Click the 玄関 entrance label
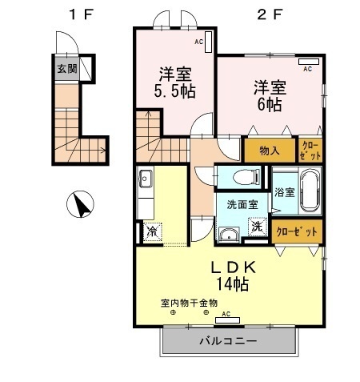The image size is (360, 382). click(x=67, y=69)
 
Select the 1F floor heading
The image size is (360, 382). click(x=82, y=14)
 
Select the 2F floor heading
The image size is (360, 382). click(x=270, y=14)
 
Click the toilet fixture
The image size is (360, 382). click(x=246, y=176)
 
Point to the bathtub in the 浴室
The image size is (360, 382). click(x=310, y=191)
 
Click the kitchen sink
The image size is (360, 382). click(x=145, y=178)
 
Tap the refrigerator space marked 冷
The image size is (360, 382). click(x=153, y=231)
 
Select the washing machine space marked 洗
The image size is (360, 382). click(x=258, y=227)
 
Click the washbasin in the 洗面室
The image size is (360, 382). click(x=229, y=235)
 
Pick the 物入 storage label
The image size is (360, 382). click(x=270, y=151)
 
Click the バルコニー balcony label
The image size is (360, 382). click(x=228, y=341)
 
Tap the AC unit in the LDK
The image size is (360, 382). click(x=227, y=320)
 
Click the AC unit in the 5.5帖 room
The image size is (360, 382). click(x=208, y=42)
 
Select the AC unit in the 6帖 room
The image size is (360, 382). click(x=309, y=62)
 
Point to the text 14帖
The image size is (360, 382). click(x=232, y=284)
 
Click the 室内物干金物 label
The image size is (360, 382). click(x=189, y=303)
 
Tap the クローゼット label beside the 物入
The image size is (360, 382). click(x=310, y=151)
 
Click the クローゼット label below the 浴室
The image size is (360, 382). click(x=297, y=231)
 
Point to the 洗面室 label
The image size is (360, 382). click(x=242, y=205)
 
